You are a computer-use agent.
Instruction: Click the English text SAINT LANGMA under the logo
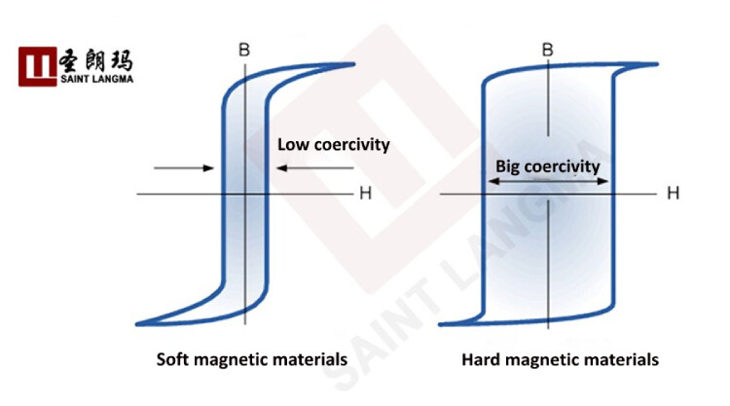coord(97,79)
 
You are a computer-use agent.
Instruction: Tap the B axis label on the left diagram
coord(244,48)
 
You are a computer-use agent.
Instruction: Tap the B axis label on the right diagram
coord(548,49)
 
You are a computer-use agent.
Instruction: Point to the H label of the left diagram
coord(365,193)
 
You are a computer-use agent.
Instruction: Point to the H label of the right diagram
coord(672,193)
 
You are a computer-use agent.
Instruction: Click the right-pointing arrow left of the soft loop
coord(184,168)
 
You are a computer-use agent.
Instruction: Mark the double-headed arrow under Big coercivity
coord(549,181)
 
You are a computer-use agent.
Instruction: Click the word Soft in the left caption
coord(175,359)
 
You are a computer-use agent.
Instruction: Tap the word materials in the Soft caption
coord(310,359)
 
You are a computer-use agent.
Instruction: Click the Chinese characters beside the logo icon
coord(97,58)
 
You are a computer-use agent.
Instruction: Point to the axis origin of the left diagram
coord(245,194)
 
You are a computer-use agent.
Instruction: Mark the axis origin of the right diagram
coord(549,194)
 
